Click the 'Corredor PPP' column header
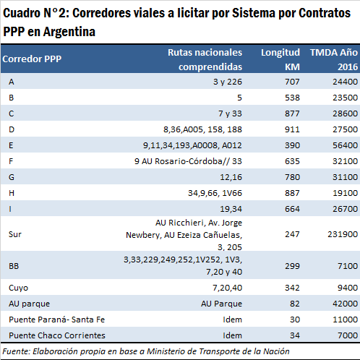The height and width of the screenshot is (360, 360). [32, 59]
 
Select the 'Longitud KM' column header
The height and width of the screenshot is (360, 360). [280, 59]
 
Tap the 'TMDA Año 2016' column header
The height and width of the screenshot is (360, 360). [334, 59]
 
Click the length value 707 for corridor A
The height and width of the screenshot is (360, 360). [292, 82]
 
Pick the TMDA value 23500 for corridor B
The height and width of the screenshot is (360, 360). [345, 98]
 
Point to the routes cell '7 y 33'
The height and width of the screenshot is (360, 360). [230, 113]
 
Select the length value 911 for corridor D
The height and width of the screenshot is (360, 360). [292, 129]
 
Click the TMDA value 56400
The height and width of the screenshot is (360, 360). [345, 145]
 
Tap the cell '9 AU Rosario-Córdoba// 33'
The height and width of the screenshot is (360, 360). [188, 161]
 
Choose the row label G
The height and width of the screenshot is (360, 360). [12, 177]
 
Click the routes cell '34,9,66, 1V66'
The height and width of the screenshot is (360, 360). [215, 193]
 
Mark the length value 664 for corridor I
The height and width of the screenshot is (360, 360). [292, 209]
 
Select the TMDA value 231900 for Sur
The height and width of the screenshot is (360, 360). [343, 234]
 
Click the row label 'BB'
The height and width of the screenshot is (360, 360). [14, 266]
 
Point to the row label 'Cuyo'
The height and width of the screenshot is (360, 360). [18, 288]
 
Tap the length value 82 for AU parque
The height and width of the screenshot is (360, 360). [295, 304]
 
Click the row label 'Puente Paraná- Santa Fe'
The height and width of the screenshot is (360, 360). [56, 320]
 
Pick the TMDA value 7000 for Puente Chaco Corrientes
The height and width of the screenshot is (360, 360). [348, 335]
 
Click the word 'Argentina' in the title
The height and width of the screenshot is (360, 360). [69, 32]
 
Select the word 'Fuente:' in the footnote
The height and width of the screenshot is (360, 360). [17, 351]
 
